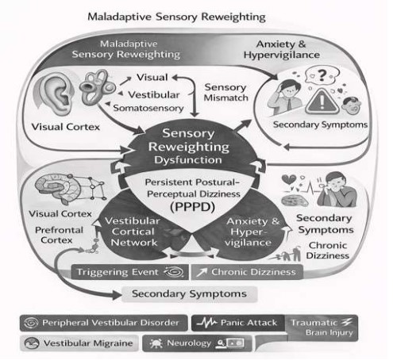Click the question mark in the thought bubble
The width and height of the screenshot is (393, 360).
[322, 75]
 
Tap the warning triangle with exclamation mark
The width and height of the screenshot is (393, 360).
[322, 101]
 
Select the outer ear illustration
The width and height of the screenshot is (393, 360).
[56, 94]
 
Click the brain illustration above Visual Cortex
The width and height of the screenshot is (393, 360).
[58, 188]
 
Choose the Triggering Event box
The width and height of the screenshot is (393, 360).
[129, 272]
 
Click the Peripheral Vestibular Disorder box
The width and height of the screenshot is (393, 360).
[104, 323]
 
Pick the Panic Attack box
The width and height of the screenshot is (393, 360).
[238, 323]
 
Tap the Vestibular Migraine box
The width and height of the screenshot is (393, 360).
[79, 343]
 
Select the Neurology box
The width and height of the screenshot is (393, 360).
[197, 343]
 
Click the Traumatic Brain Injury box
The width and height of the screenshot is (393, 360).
[322, 327]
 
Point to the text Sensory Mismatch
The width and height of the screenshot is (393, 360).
[226, 92]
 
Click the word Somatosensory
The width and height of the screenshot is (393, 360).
[148, 108]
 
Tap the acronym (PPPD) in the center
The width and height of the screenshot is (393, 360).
[192, 207]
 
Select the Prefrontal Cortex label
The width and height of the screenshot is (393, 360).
[59, 235]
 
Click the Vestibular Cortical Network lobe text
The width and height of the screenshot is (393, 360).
[133, 232]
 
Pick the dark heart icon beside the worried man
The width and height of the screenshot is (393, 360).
[289, 180]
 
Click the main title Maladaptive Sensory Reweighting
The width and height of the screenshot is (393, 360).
[176, 17]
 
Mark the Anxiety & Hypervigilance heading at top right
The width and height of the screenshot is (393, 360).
[282, 49]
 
